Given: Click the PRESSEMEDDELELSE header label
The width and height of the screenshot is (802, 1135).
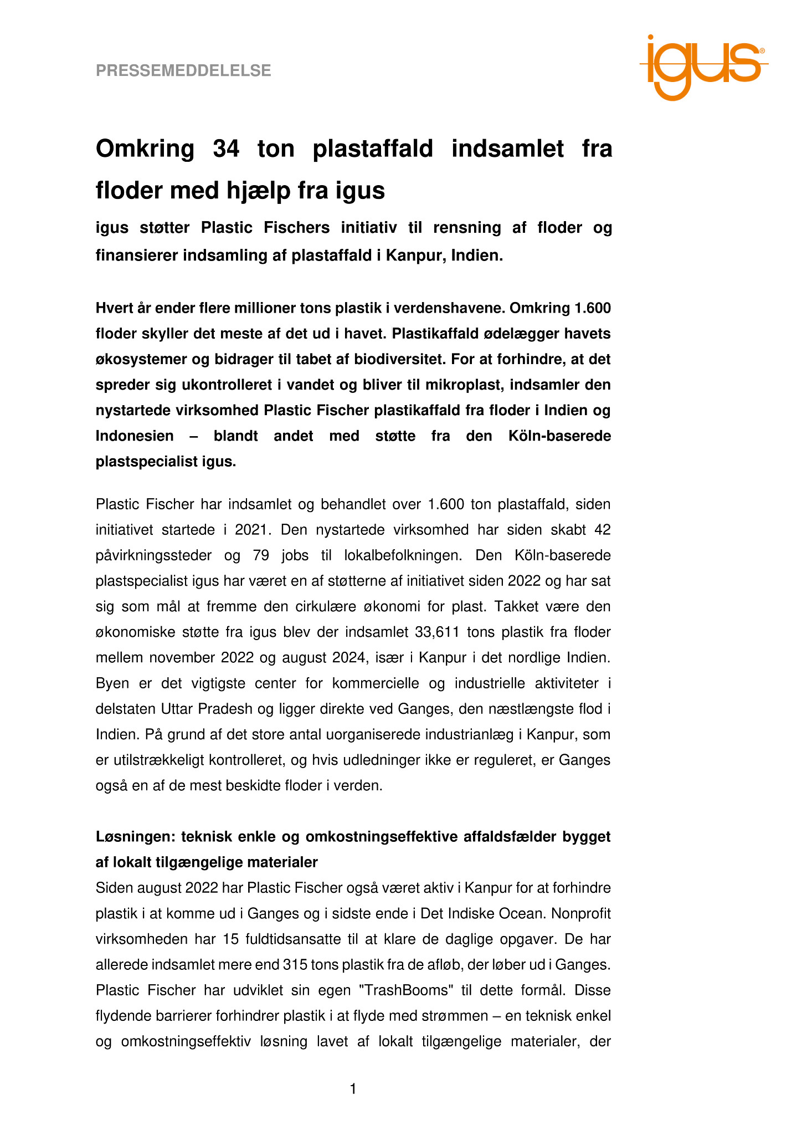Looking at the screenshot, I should click(183, 71).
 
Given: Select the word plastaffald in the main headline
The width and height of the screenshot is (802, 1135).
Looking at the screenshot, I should click(373, 149).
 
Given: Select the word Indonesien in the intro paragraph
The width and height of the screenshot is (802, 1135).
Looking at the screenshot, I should click(135, 436).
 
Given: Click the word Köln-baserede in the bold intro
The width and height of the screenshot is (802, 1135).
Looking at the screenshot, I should click(559, 436).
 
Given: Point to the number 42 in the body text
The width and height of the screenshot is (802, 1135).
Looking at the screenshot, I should click(602, 530).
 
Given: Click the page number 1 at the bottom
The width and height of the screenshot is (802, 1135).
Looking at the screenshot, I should click(353, 1090).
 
